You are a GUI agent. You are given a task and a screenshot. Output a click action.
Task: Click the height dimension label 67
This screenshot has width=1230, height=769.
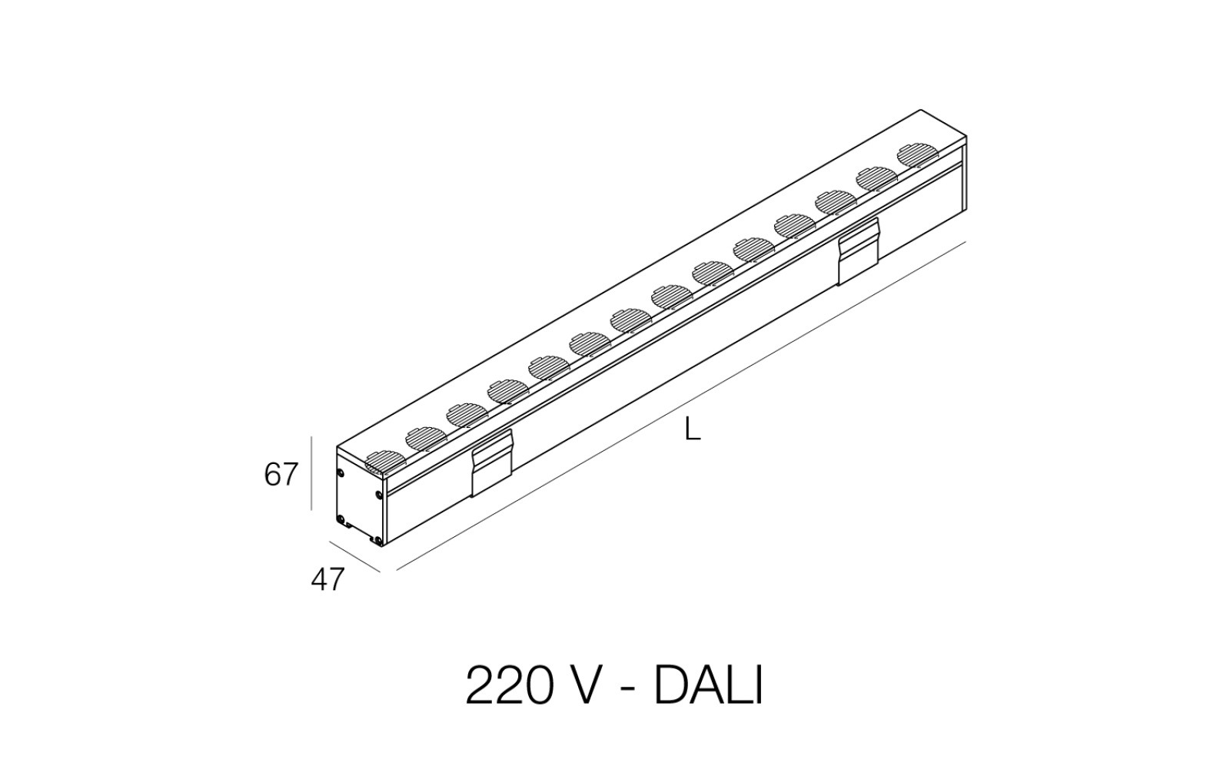click(281, 474)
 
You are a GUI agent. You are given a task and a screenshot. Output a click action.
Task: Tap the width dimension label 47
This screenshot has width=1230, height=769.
click(327, 580)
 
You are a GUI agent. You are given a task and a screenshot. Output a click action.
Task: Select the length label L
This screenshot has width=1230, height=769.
click(693, 430)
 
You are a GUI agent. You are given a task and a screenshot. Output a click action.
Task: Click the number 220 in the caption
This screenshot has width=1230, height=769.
click(508, 687)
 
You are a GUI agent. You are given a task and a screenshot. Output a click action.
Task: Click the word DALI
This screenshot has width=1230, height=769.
click(708, 687)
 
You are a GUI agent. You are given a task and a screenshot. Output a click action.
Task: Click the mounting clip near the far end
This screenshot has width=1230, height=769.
click(859, 251)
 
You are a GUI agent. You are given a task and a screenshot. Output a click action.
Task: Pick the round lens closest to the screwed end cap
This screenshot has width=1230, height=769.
click(384, 462)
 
